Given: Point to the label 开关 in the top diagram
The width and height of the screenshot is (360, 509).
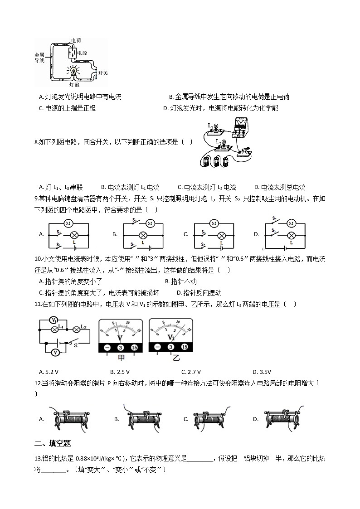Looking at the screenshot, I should point(102,73).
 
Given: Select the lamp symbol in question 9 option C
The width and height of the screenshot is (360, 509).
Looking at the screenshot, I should point(222,235).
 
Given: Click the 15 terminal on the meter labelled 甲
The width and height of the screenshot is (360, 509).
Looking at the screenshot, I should point(134,348).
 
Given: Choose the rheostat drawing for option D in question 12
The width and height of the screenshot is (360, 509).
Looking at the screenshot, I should point(285,418).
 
